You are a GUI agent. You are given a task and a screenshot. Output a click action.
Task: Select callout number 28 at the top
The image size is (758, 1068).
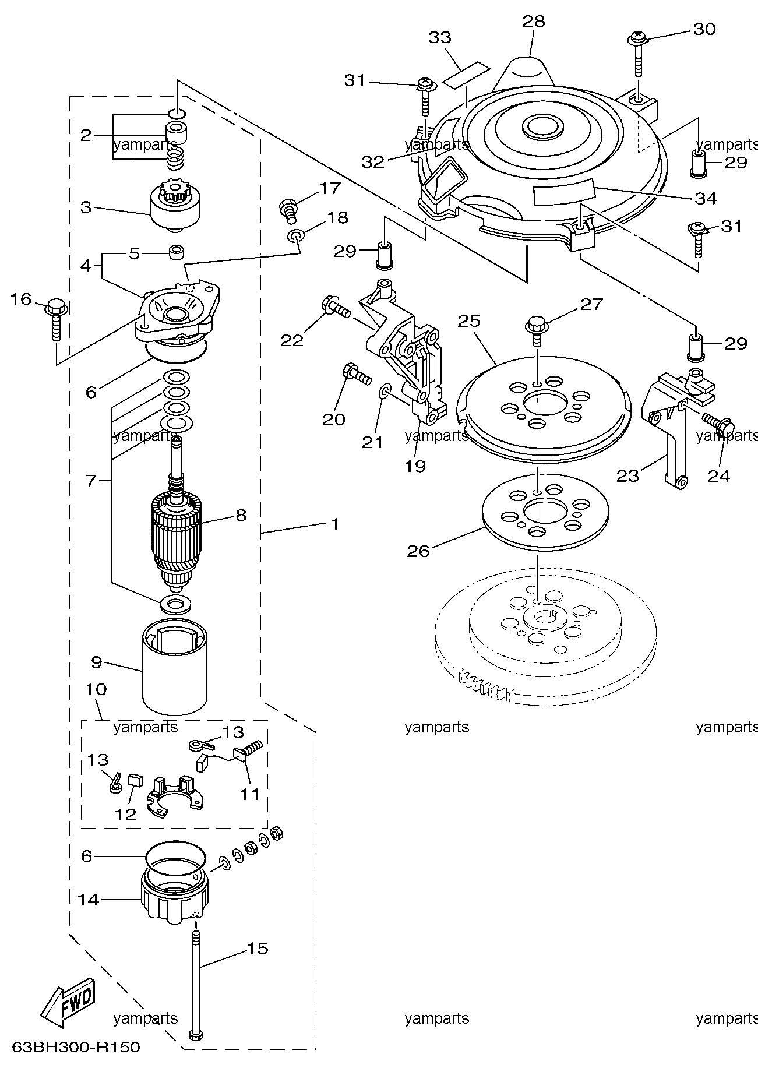[533, 22]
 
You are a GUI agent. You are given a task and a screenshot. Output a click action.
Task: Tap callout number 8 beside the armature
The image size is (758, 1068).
[241, 515]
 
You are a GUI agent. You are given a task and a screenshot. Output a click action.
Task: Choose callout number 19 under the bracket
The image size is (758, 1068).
[416, 466]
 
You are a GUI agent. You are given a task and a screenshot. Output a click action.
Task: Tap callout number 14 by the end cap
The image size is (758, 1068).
[89, 900]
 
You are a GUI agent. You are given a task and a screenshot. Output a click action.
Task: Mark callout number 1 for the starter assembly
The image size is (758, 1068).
[334, 524]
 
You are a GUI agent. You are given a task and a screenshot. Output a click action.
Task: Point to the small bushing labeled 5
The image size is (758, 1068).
[176, 253]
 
